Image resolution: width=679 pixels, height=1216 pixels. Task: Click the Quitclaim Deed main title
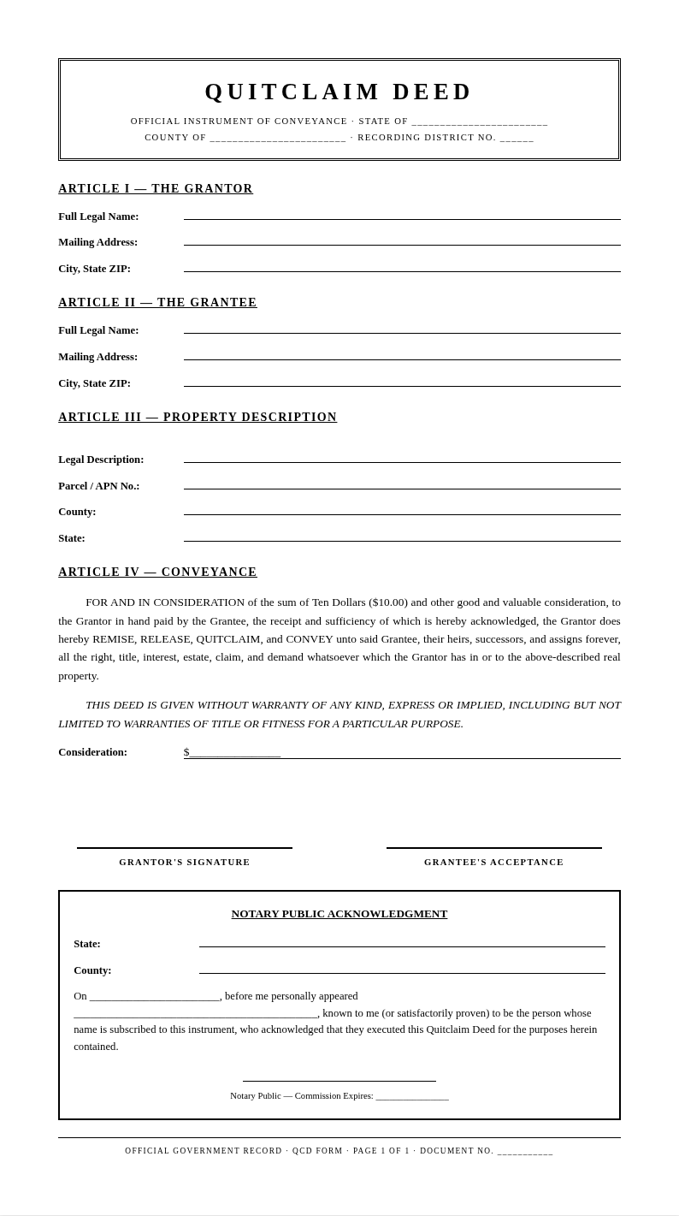[339, 92]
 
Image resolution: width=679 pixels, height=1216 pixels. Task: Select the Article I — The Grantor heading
[156, 189]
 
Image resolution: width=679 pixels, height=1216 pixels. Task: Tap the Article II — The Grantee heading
[157, 303]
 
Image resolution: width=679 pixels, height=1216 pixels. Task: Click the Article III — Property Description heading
[198, 418]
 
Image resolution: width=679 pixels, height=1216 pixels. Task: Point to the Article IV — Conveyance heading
[157, 572]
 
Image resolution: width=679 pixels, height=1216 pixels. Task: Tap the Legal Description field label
[101, 460]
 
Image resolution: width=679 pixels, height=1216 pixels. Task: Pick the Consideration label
[92, 752]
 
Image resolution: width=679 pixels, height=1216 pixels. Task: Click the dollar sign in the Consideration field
[186, 752]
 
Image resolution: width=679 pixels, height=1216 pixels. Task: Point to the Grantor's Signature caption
[185, 863]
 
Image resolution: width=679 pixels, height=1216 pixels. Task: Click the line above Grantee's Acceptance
[493, 847]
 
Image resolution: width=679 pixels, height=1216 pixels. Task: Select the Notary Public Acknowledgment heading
[339, 914]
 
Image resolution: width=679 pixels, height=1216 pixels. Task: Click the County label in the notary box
[92, 970]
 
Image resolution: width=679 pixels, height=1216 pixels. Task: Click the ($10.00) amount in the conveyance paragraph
[388, 602]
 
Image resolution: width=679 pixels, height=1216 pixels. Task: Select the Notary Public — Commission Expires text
[301, 1095]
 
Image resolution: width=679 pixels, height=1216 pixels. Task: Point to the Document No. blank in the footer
[525, 1152]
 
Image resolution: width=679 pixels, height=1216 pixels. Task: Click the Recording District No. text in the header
[427, 138]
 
